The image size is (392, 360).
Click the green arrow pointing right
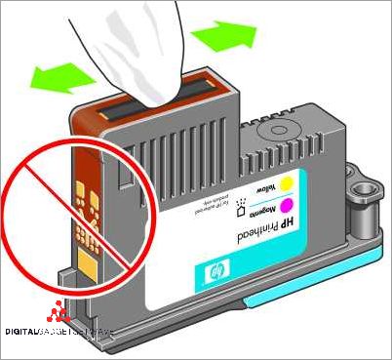tap(222, 37)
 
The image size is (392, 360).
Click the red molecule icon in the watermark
tap(61, 314)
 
